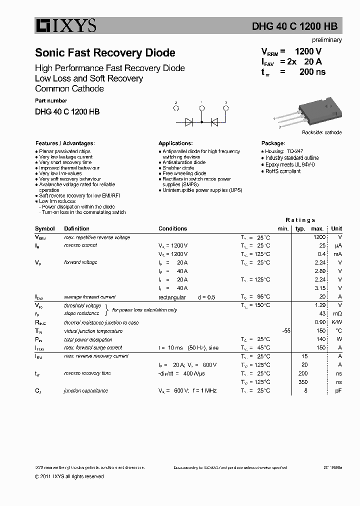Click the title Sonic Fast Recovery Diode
[x=105, y=53]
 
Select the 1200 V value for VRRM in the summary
[x=308, y=51]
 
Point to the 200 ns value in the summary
[x=312, y=72]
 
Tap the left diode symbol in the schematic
[x=189, y=121]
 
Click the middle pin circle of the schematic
[x=201, y=107]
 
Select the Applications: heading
[x=175, y=143]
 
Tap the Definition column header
[x=76, y=228]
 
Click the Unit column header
[x=336, y=228]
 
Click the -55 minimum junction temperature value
[x=285, y=331]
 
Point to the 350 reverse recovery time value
[x=303, y=382]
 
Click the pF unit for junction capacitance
[x=338, y=390]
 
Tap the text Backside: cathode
[x=321, y=132]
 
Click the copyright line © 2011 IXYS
[x=69, y=476]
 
